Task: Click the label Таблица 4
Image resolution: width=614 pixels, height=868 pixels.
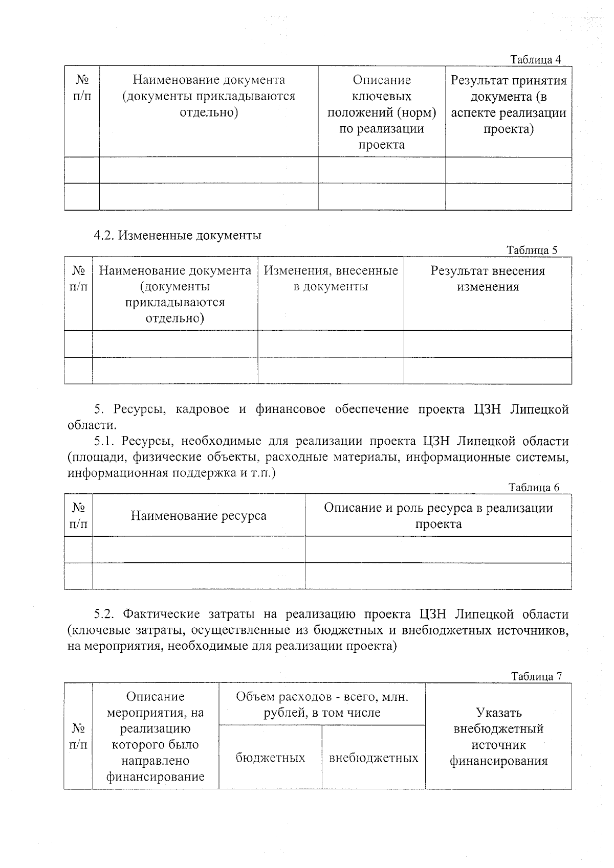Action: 536,60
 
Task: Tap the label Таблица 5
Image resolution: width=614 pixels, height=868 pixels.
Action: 532,250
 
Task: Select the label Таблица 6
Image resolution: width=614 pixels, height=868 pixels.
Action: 534,487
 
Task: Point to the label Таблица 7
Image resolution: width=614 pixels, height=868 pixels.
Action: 536,676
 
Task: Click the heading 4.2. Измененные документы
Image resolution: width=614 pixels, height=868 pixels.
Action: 178,235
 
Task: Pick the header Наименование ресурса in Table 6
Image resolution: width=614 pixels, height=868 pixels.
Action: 199,515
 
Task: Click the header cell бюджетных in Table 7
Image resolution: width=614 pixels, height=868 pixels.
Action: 270,758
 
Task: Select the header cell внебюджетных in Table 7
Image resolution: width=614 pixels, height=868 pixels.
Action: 374,758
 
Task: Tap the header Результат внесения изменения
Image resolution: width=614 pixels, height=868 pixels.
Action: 488,279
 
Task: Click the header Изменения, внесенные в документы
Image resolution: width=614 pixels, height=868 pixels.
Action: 331,279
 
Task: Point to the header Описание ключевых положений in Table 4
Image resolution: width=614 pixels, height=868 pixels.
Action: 382,112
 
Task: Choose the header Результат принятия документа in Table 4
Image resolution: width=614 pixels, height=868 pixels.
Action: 509,105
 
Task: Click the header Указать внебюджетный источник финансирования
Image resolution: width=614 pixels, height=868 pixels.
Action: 498,737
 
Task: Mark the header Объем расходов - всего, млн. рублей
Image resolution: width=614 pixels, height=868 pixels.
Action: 322,704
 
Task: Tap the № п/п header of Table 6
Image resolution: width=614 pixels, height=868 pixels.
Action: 78,515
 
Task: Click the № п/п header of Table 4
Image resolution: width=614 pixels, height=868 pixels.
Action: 82,88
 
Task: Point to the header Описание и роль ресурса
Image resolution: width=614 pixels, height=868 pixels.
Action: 438,515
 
